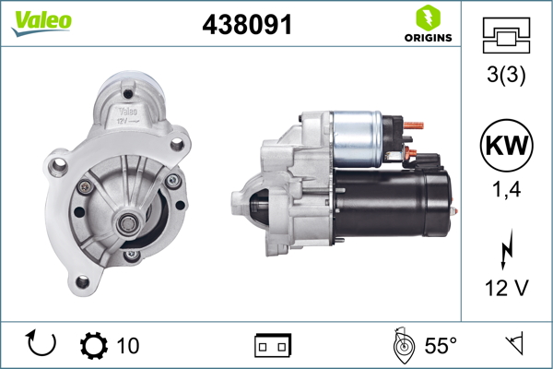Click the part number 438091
pyautogui.click(x=247, y=26)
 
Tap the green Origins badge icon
pyautogui.click(x=427, y=18)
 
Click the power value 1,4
pyautogui.click(x=505, y=191)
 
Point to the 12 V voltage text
pyautogui.click(x=505, y=288)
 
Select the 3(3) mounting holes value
pyautogui.click(x=505, y=77)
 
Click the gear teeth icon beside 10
pyautogui.click(x=93, y=345)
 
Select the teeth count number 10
pyautogui.click(x=128, y=346)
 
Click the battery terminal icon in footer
pyautogui.click(x=272, y=345)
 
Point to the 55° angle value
pyautogui.click(x=440, y=346)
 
